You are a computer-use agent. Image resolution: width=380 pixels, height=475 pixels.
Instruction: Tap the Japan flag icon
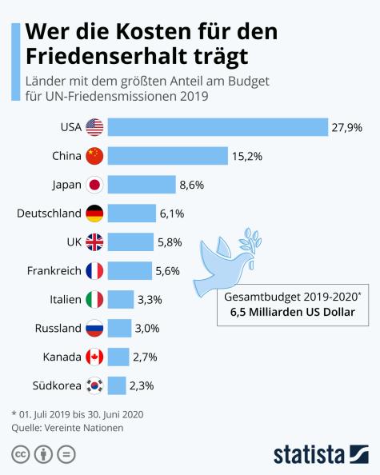[x=95, y=185]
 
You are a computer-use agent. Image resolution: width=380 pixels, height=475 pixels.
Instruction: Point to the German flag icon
[x=95, y=214]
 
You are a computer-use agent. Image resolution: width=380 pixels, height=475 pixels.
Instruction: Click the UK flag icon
[x=95, y=241]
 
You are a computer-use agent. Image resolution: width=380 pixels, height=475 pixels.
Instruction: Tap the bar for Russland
[x=119, y=328]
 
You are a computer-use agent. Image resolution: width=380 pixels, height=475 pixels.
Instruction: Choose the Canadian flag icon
[x=95, y=357]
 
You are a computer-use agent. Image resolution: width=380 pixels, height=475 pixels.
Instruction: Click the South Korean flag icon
[x=95, y=385]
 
